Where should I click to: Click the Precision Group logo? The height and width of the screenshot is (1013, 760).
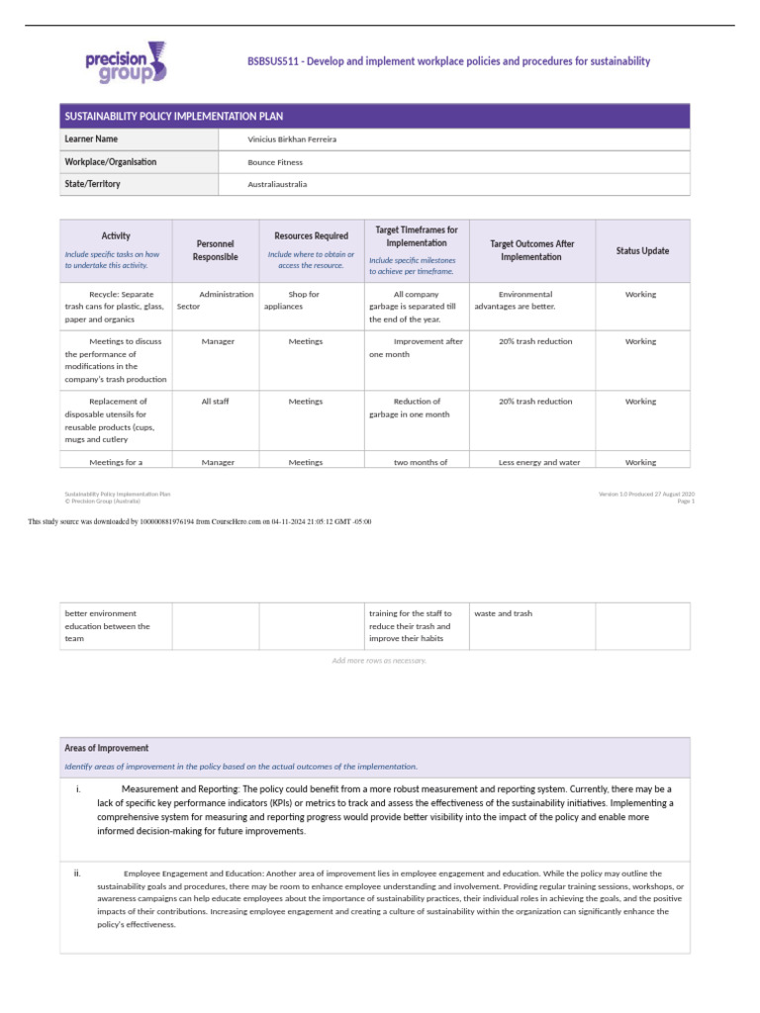(127, 61)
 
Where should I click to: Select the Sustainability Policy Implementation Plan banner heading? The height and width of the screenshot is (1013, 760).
(173, 116)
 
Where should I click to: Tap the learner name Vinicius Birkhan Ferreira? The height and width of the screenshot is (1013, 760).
(292, 139)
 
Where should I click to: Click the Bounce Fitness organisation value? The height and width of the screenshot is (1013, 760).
(275, 162)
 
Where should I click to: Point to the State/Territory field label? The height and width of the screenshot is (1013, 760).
(92, 184)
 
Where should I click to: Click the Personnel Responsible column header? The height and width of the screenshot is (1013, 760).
(216, 250)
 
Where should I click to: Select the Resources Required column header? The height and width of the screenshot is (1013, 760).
(311, 235)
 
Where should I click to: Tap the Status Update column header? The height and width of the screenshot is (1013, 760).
(641, 251)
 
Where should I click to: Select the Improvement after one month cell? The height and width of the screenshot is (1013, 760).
(415, 347)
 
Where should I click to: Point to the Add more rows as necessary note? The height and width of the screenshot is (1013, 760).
(379, 661)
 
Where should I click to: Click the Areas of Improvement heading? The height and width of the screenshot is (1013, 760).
(107, 748)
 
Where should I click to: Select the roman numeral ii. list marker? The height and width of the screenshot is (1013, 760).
(77, 874)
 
